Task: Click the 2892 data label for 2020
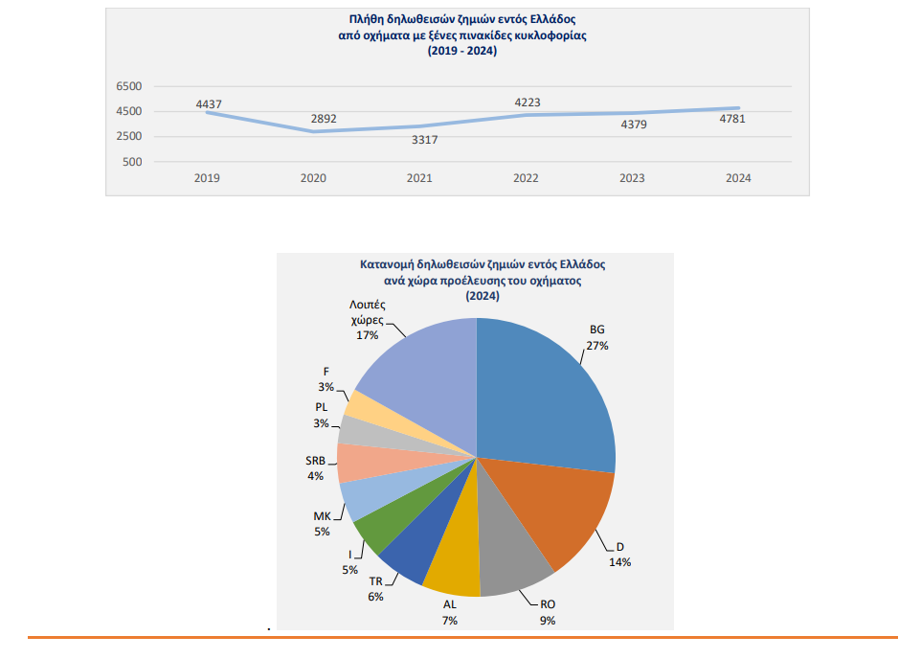point(323,119)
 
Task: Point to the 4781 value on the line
point(732,119)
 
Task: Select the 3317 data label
point(425,140)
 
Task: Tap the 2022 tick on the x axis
point(526,178)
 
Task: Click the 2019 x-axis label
point(207,178)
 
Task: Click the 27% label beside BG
point(598,345)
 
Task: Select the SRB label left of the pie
point(315,460)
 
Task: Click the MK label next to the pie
point(322,517)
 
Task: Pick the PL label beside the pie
point(321,408)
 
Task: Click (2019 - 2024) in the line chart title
point(462,51)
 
